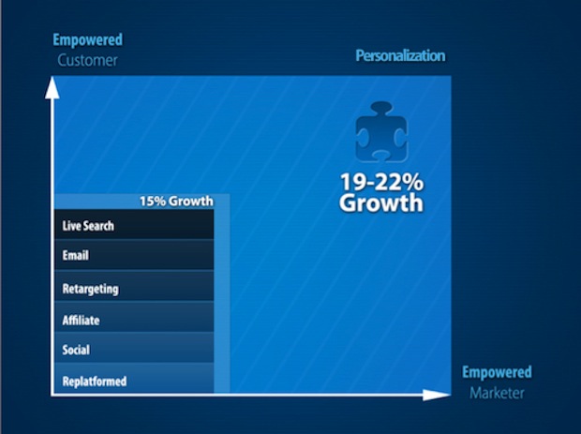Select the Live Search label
(88, 226)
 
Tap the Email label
(76, 255)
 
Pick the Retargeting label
(90, 289)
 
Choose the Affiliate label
(81, 321)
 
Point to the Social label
(76, 350)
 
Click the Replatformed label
(95, 381)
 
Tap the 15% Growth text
(176, 201)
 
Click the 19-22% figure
(381, 182)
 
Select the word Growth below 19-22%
(380, 203)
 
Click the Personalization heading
(400, 55)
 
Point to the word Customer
(87, 60)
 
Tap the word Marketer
(497, 393)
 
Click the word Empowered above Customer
(87, 39)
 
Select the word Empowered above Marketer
(497, 372)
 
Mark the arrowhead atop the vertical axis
(52, 87)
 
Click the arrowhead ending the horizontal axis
(437, 395)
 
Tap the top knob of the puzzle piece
(381, 108)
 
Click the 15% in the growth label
(153, 201)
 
